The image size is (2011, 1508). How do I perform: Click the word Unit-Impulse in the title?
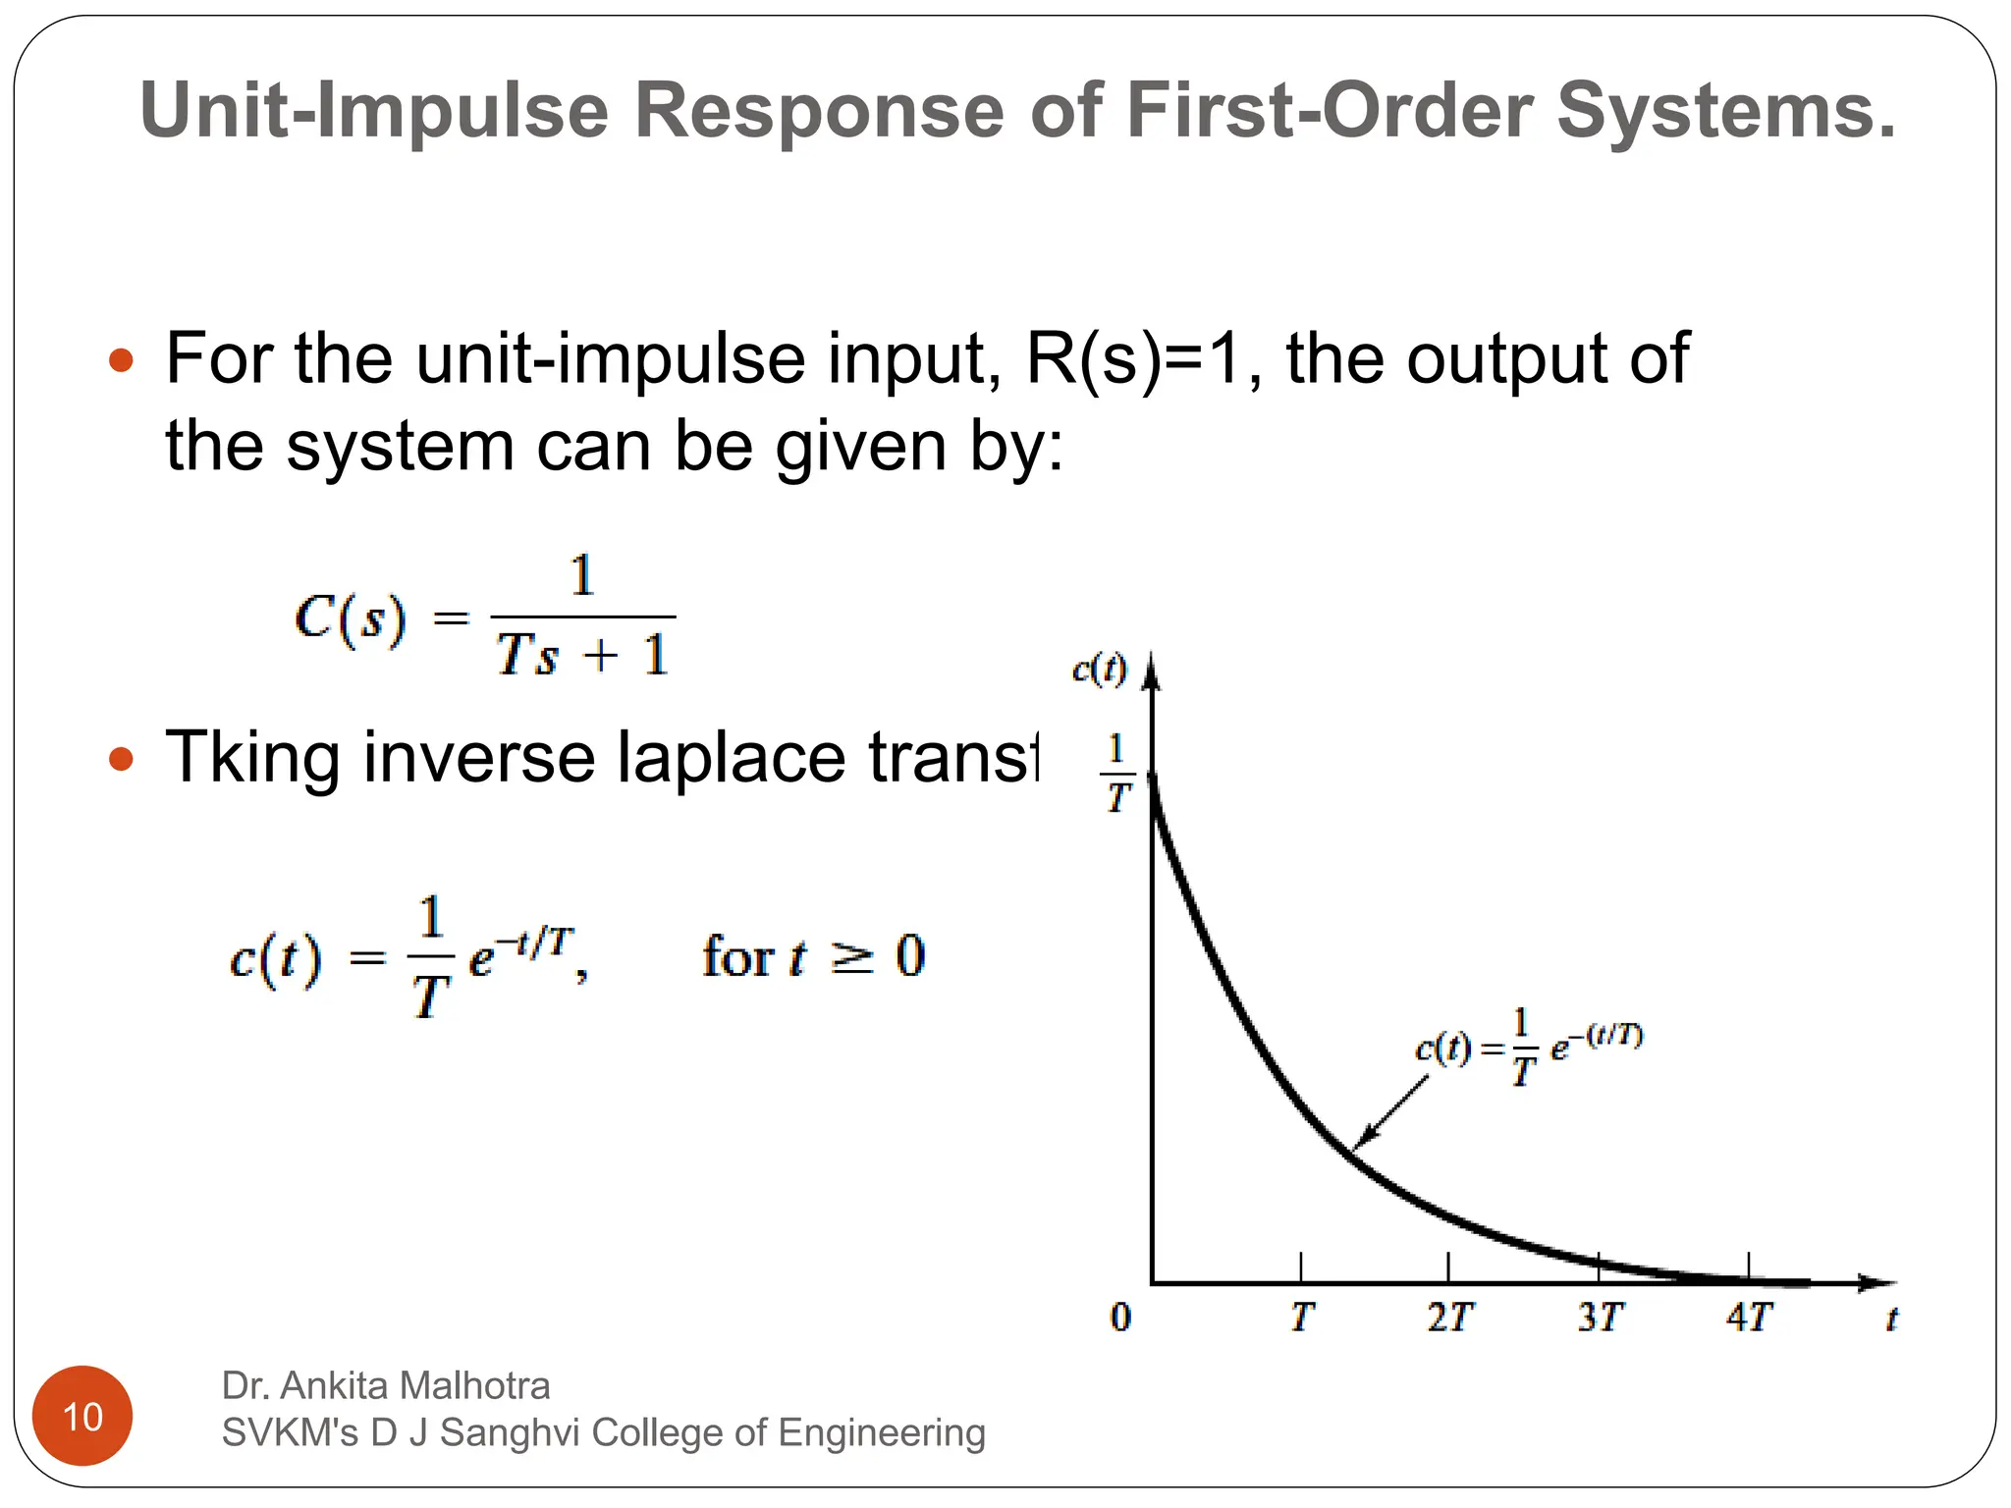(374, 110)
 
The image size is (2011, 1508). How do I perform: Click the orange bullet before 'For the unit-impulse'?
(121, 360)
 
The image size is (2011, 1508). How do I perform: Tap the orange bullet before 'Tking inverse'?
(121, 759)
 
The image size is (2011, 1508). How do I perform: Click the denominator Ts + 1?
(582, 655)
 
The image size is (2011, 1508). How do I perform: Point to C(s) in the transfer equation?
(350, 619)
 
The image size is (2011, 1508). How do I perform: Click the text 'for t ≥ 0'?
(813, 956)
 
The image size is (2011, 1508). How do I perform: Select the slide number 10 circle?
(82, 1416)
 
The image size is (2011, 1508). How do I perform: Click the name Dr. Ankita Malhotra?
(385, 1385)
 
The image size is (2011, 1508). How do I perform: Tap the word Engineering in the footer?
(881, 1432)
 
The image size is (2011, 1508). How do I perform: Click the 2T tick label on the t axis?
(1449, 1318)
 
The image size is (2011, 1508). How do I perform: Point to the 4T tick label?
(1749, 1318)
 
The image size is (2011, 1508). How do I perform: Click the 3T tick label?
(1600, 1318)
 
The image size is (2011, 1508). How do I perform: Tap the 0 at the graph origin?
(1120, 1318)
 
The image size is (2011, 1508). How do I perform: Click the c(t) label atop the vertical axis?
(1099, 670)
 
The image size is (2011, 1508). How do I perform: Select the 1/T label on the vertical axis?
(1116, 774)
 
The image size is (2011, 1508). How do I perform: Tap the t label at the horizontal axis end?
(1890, 1319)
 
